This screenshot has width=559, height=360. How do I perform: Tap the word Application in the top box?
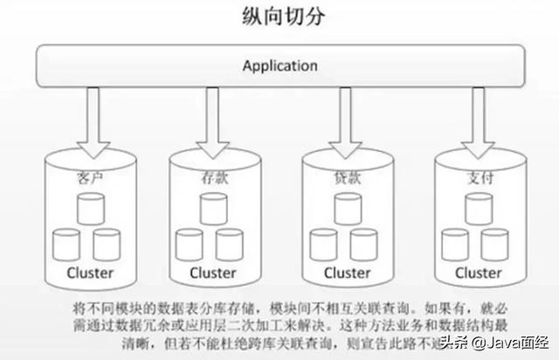tap(279, 66)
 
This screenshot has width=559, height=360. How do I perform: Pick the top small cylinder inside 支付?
tap(477, 208)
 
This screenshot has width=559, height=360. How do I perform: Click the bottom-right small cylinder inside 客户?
tap(106, 243)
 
